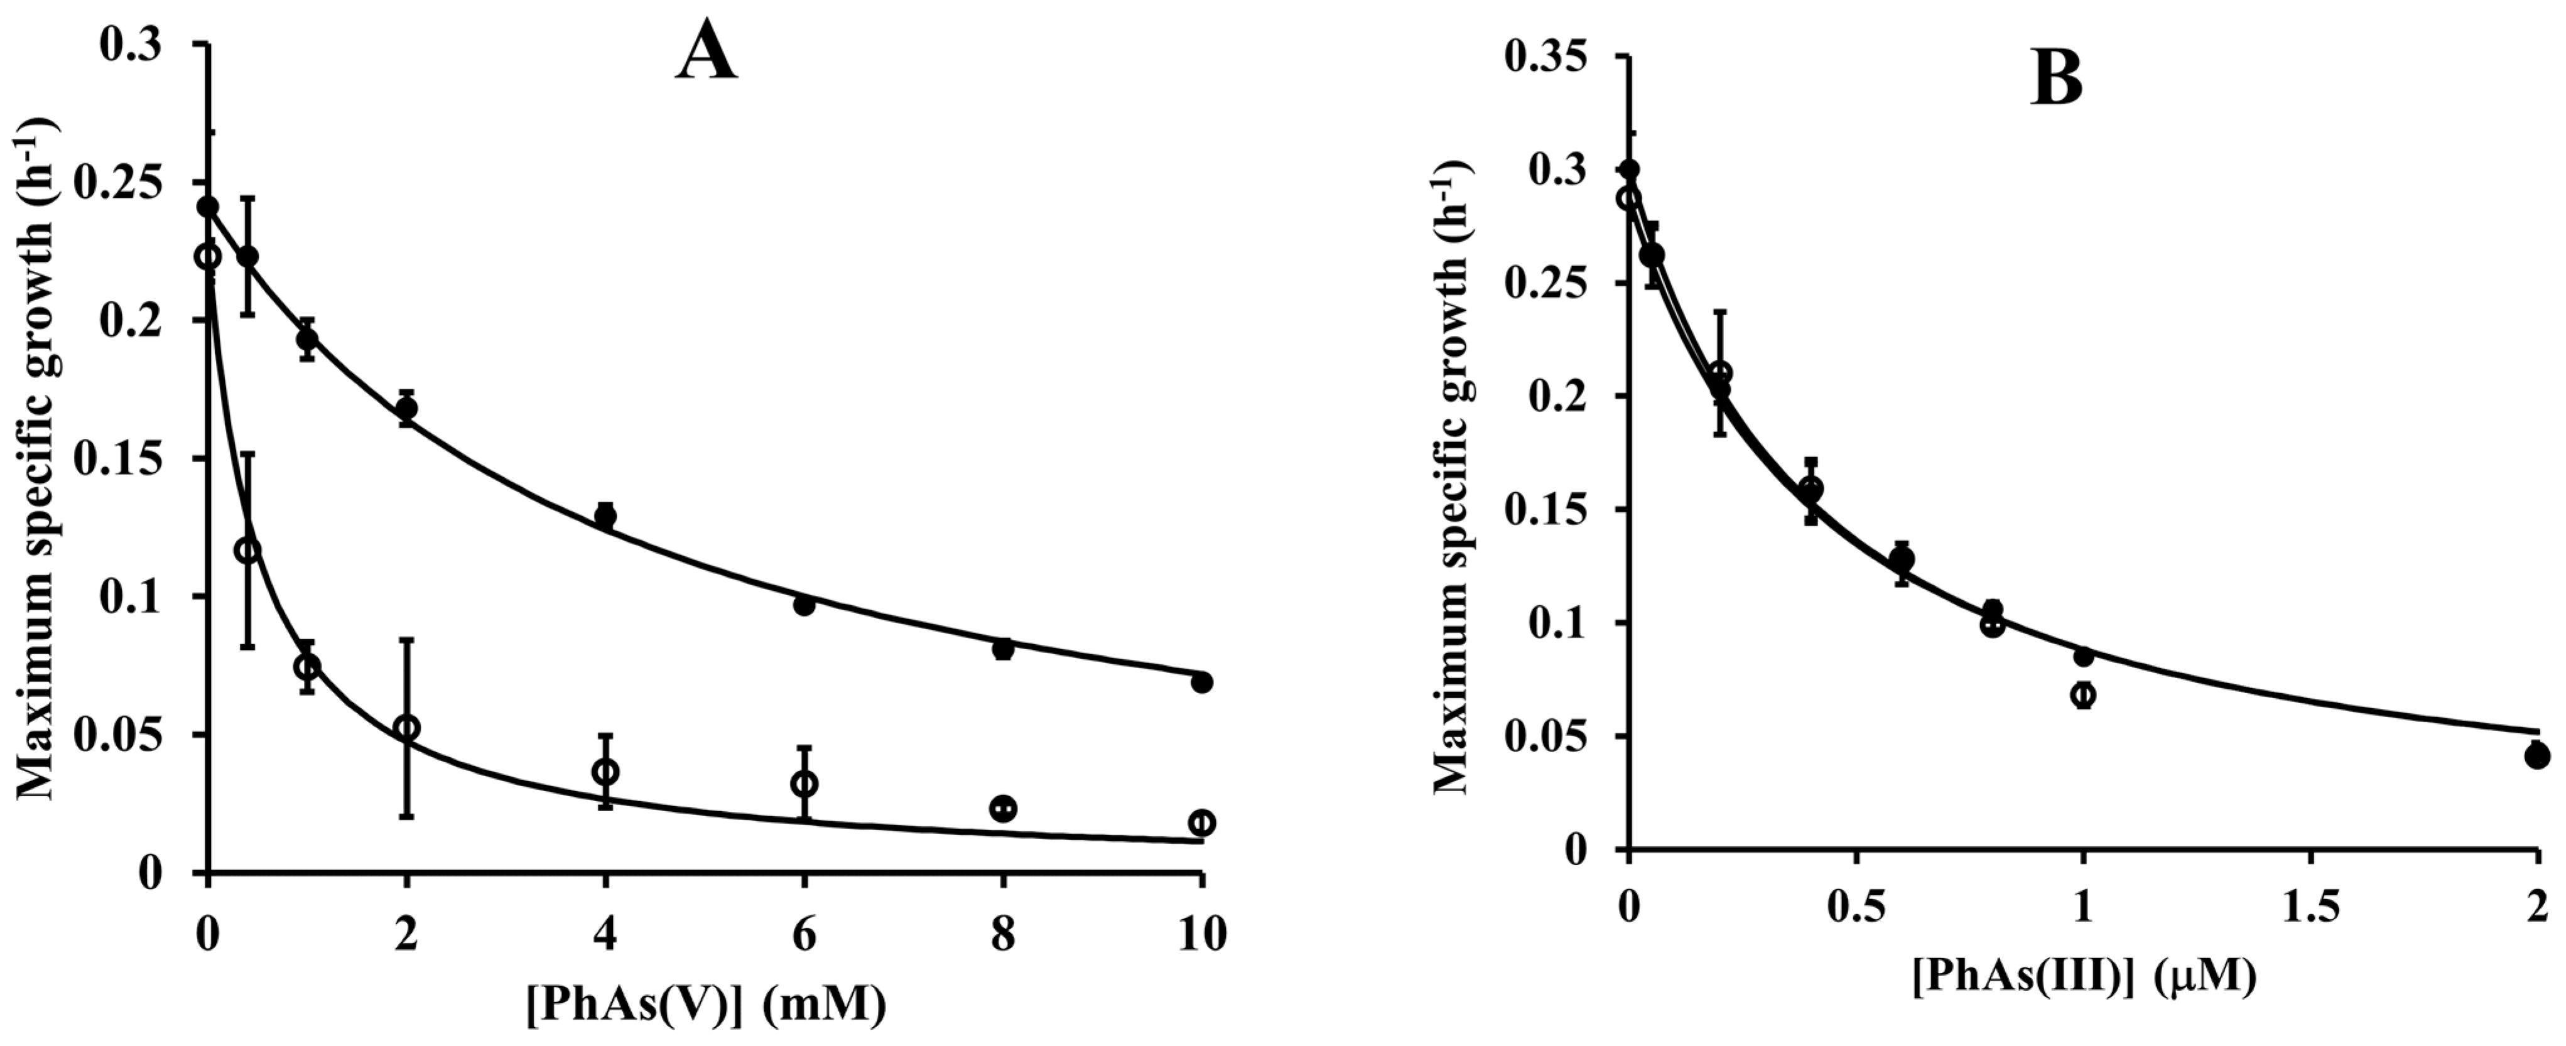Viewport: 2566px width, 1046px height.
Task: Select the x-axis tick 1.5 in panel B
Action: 2309,910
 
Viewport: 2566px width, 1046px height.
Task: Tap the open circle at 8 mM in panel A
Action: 1003,809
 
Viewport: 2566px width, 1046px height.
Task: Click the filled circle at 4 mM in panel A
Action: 605,516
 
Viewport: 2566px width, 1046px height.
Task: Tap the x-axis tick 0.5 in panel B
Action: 1854,910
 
